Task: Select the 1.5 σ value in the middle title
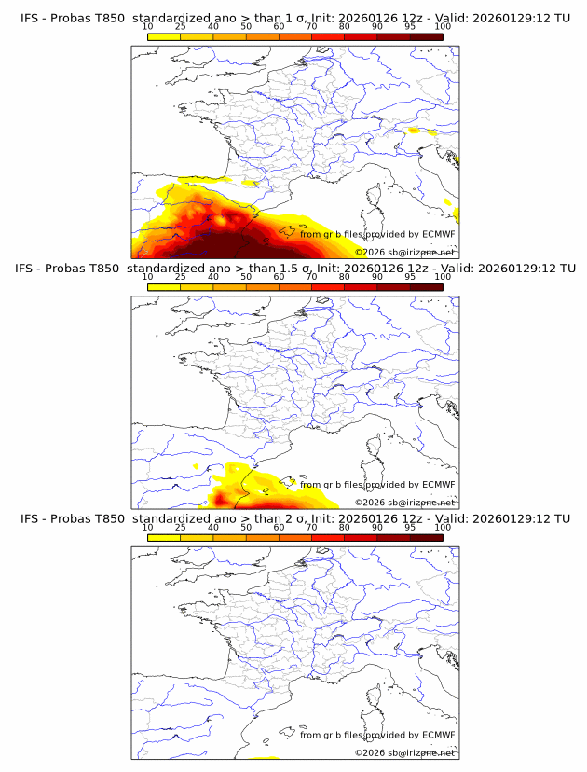tap(296, 269)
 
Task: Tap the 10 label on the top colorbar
tap(147, 27)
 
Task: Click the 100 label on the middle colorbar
tap(443, 277)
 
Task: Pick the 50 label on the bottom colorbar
tap(246, 527)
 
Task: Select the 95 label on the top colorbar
tap(410, 27)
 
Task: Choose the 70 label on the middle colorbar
tap(311, 277)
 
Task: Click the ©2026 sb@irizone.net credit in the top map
tap(404, 253)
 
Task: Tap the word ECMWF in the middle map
tap(439, 485)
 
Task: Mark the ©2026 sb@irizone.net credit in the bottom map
tap(404, 752)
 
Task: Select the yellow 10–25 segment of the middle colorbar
tap(164, 286)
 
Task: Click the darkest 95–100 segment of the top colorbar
tap(427, 36)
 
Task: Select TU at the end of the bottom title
tap(562, 518)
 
